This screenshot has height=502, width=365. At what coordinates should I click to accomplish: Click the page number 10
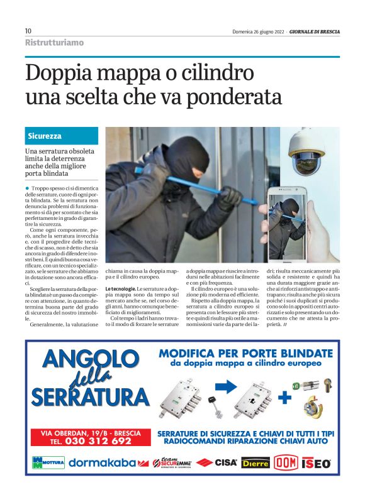(x=28, y=31)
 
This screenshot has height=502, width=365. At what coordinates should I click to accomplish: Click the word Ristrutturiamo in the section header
(x=54, y=43)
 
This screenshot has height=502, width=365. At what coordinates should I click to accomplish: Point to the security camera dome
(x=306, y=154)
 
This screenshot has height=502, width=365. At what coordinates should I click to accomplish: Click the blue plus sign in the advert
(x=285, y=398)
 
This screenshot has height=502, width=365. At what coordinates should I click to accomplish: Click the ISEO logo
(x=317, y=463)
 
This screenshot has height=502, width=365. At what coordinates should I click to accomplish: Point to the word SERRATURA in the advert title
(x=89, y=398)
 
